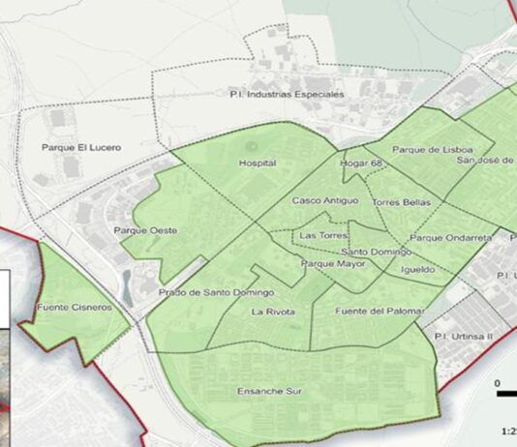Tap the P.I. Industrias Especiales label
[x=287, y=94]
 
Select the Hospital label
[x=258, y=164]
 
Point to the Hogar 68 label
[x=362, y=164]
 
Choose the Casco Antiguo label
[x=324, y=200]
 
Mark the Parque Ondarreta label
[x=451, y=237]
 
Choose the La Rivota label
[x=273, y=312]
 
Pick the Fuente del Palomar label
[x=380, y=311]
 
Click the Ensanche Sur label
[x=267, y=392]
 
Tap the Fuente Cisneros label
[x=74, y=308]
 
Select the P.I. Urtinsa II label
[x=464, y=335]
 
